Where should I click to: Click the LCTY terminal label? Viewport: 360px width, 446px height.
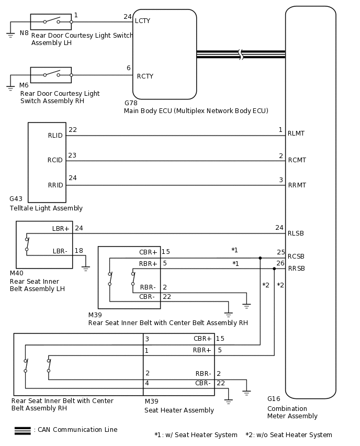click(142, 21)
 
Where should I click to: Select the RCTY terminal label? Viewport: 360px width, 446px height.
click(145, 76)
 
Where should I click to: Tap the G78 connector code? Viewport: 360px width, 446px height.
click(131, 103)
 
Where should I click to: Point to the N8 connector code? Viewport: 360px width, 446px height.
click(24, 33)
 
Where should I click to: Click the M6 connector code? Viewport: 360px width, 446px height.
click(24, 85)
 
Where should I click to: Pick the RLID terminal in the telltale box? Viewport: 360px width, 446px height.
click(55, 136)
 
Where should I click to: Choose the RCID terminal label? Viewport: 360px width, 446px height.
click(55, 160)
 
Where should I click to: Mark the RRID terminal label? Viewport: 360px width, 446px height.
click(55, 185)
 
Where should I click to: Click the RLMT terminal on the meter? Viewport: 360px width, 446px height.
click(296, 134)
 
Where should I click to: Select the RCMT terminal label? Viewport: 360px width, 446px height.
click(297, 160)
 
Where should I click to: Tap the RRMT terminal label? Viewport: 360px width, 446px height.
click(297, 185)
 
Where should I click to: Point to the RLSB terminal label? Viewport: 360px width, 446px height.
click(296, 233)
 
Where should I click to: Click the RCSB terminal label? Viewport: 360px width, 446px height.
click(296, 257)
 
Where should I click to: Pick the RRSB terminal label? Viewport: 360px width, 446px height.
click(296, 269)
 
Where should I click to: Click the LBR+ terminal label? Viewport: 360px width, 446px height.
click(61, 229)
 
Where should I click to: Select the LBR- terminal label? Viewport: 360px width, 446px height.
click(60, 251)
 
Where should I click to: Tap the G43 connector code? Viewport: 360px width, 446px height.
click(16, 199)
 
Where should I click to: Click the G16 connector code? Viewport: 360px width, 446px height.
click(274, 399)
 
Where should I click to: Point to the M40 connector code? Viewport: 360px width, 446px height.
click(17, 273)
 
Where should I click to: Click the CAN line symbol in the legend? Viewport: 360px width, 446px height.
click(22, 430)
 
